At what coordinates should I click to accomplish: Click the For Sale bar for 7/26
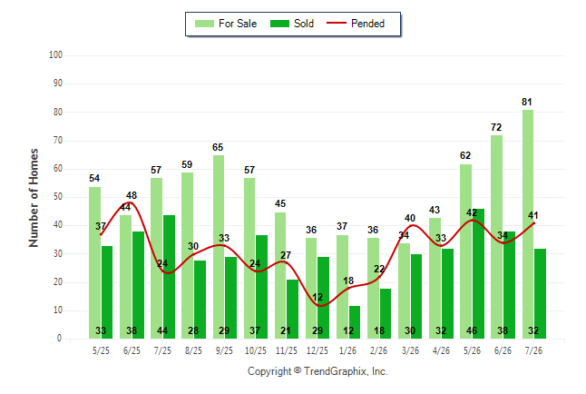(528, 224)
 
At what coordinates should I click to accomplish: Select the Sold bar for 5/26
(478, 274)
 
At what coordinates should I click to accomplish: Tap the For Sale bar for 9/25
(219, 247)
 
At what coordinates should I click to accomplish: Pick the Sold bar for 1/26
(355, 322)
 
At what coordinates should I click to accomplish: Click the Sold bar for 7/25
(169, 277)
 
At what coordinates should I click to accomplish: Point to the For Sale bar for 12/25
(311, 288)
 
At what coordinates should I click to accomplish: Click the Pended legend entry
(356, 24)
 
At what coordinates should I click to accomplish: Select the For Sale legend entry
(226, 24)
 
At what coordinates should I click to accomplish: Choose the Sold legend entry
(292, 24)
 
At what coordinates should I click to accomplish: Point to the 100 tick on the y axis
(55, 55)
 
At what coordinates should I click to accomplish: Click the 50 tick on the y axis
(58, 197)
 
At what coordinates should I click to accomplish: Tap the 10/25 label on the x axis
(255, 350)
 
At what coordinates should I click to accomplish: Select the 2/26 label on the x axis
(378, 350)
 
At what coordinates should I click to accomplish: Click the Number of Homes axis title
(34, 198)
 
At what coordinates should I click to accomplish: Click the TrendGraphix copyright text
(317, 371)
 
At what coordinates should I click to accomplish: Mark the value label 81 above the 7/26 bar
(526, 102)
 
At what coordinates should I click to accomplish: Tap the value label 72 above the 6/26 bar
(496, 127)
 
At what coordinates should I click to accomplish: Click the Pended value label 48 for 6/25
(132, 195)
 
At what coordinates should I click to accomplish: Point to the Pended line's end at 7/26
(534, 223)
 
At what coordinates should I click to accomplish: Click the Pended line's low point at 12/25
(321, 306)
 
